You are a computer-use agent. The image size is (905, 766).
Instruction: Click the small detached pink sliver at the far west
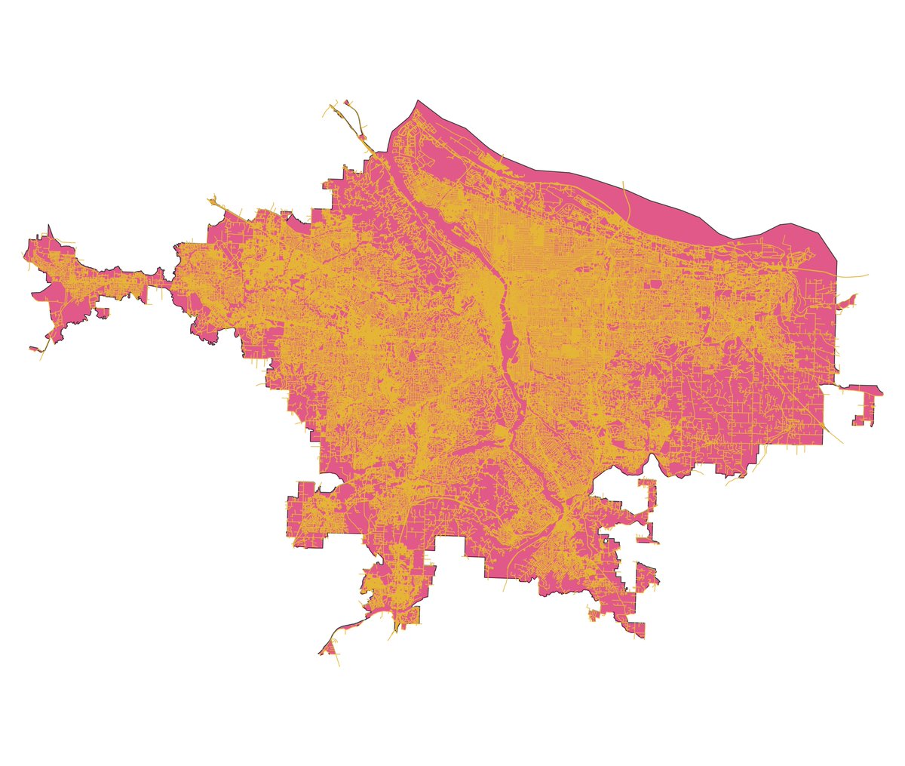[35, 349]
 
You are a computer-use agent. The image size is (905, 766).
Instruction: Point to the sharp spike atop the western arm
[49, 226]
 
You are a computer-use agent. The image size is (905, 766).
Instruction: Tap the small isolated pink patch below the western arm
[103, 311]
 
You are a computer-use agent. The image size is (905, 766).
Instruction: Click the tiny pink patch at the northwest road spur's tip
[346, 103]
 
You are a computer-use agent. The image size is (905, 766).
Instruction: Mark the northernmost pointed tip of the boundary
[417, 100]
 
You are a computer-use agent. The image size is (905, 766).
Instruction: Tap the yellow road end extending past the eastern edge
[866, 275]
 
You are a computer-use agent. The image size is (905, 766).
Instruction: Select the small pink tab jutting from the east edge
[848, 301]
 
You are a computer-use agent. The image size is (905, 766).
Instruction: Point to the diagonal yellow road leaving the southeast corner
[833, 436]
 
